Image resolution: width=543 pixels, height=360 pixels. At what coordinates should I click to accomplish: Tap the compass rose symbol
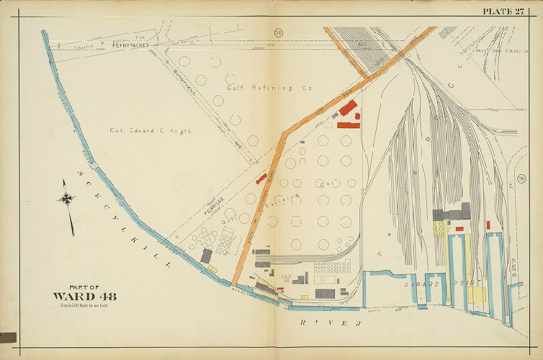(67, 199)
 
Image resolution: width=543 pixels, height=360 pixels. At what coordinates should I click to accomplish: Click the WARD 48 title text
(84, 295)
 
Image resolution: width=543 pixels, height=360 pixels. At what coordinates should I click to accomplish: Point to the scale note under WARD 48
(84, 307)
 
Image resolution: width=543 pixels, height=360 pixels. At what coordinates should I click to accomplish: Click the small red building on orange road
(261, 178)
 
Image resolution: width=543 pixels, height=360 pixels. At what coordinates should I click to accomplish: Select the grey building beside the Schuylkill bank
(206, 256)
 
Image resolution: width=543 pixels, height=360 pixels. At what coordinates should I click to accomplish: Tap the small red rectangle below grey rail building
(459, 229)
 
